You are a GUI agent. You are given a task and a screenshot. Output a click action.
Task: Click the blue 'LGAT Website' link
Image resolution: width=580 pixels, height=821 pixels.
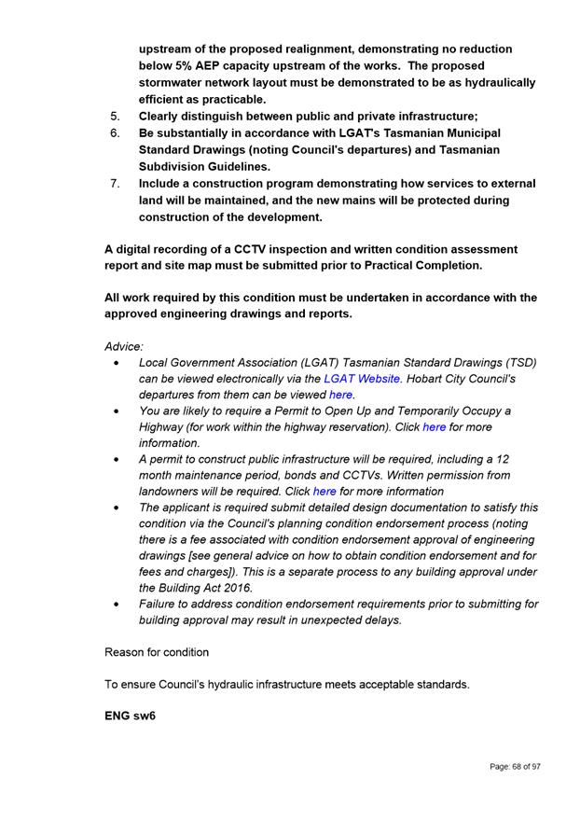pyautogui.click(x=362, y=379)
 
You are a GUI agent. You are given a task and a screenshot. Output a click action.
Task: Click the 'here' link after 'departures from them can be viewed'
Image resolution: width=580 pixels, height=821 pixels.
pyautogui.click(x=340, y=395)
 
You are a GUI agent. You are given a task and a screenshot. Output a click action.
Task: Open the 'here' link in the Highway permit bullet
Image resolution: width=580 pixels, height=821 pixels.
pyautogui.click(x=434, y=427)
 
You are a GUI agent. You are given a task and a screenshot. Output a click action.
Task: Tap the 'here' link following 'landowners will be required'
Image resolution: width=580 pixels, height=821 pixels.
pyautogui.click(x=325, y=492)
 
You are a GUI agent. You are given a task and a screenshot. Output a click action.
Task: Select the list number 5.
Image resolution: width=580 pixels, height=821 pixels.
pyautogui.click(x=115, y=117)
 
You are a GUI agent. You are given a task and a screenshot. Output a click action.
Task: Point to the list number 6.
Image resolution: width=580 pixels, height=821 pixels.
pyautogui.click(x=115, y=133)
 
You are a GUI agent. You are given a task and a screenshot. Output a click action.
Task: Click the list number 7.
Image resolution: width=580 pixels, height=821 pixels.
pyautogui.click(x=115, y=184)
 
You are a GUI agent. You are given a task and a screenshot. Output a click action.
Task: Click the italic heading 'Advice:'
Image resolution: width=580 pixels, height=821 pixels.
pyautogui.click(x=124, y=346)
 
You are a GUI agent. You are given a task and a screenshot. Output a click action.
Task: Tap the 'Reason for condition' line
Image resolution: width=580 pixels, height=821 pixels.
pyautogui.click(x=157, y=652)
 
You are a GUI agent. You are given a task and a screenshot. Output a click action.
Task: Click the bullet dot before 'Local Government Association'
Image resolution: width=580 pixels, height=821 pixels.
pyautogui.click(x=115, y=363)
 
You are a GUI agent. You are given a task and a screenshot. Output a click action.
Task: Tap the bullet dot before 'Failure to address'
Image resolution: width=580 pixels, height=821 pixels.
pyautogui.click(x=115, y=605)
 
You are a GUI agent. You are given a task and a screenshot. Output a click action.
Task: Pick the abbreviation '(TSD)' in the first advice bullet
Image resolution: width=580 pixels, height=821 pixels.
pyautogui.click(x=518, y=362)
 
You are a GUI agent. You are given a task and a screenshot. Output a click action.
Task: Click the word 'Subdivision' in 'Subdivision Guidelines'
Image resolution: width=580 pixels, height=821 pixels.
pyautogui.click(x=177, y=166)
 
